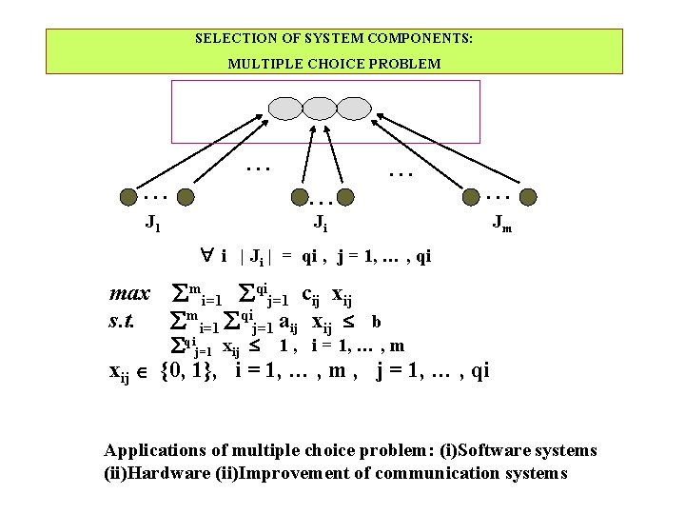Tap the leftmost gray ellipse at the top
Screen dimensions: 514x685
click(285, 106)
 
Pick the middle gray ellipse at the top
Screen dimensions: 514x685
click(321, 106)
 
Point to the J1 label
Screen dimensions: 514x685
click(152, 224)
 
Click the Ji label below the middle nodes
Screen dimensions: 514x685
click(323, 224)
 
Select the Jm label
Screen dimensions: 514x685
click(500, 224)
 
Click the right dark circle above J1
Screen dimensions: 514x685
click(187, 197)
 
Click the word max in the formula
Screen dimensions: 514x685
click(130, 295)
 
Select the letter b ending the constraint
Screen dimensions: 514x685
click(377, 322)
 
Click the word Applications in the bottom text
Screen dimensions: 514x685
click(150, 450)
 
